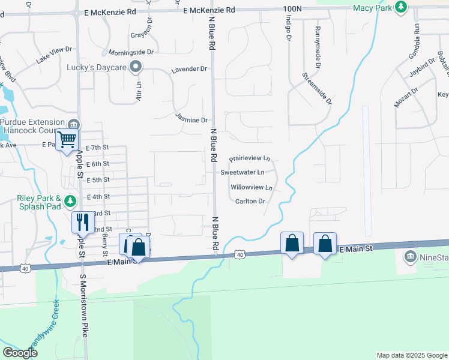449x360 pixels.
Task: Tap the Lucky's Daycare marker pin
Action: click(x=136, y=67)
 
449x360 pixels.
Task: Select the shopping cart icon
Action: click(x=67, y=140)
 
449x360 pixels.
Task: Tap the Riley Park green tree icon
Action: click(x=71, y=200)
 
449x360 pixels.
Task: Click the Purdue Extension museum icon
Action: click(x=73, y=124)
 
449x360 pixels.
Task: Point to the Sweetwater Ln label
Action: click(x=243, y=172)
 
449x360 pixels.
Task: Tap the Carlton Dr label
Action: click(x=250, y=202)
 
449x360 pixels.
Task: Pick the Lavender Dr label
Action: click(x=189, y=70)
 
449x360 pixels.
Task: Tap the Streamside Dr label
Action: click(x=317, y=88)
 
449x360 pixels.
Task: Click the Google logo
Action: click(x=20, y=353)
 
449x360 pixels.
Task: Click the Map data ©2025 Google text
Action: click(x=412, y=355)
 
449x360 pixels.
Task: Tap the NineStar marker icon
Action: click(x=411, y=256)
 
